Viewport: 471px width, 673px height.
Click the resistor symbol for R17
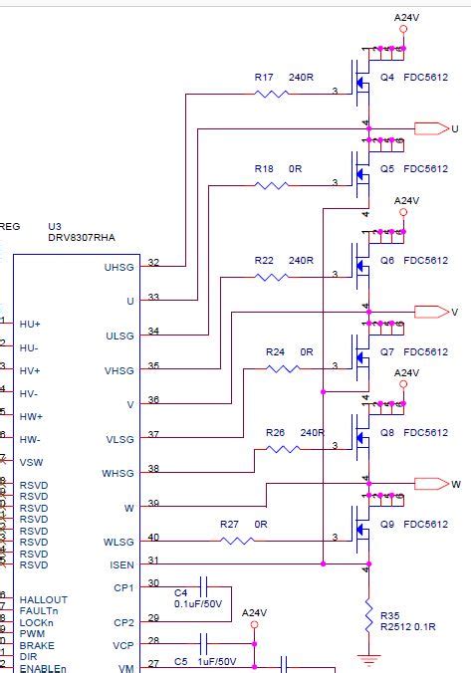click(x=272, y=95)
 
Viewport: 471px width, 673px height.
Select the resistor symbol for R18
click(x=272, y=183)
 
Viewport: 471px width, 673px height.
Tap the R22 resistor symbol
click(x=272, y=277)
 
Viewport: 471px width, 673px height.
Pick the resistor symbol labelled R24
click(x=283, y=368)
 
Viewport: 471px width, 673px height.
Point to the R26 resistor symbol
click(x=283, y=449)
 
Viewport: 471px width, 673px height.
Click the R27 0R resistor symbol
click(x=237, y=541)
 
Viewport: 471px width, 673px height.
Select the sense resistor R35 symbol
click(x=368, y=608)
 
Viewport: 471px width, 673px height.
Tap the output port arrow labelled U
click(x=431, y=128)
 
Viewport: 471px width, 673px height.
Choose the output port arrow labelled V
click(x=431, y=312)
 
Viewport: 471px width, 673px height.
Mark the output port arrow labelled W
click(x=431, y=484)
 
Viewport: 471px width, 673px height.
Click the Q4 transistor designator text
click(x=387, y=76)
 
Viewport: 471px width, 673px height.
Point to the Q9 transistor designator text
click(x=387, y=524)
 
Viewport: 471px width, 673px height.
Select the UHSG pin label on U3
click(x=118, y=267)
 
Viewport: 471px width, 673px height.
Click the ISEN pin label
click(x=121, y=564)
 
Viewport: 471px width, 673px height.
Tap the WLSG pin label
click(x=118, y=542)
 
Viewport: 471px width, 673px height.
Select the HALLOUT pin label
click(x=43, y=599)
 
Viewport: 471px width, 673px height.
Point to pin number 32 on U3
click(x=153, y=263)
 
